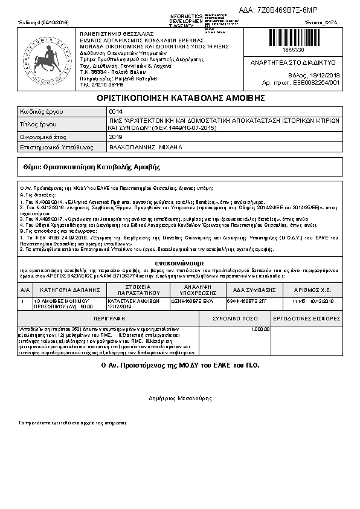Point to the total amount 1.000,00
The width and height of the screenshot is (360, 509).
pyautogui.click(x=260, y=329)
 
